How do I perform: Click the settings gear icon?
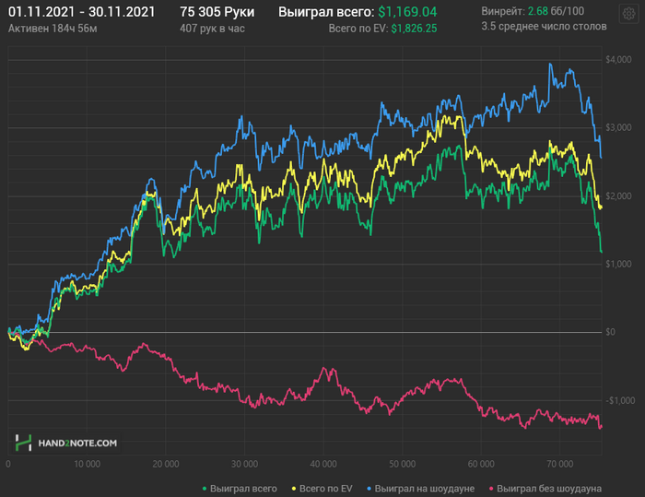coord(628,14)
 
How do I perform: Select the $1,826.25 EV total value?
coord(414,29)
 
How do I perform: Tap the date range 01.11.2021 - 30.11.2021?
coord(68,13)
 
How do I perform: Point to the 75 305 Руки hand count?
coord(217,13)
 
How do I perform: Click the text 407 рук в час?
coord(214,29)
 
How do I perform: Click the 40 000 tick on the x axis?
coord(322,463)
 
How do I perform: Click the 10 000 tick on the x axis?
coord(86,463)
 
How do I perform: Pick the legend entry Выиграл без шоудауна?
coord(549,487)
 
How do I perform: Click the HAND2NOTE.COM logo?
coord(66,443)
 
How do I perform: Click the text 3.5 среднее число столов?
coord(544,27)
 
